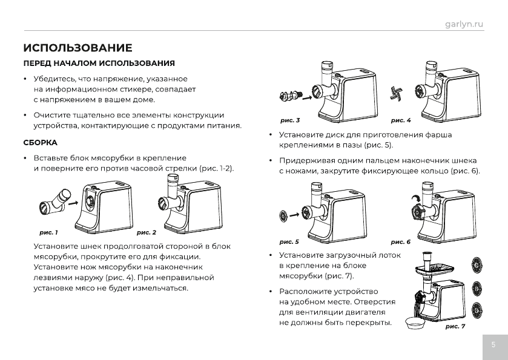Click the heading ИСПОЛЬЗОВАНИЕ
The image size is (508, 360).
[x=78, y=48]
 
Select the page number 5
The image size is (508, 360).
[x=493, y=345]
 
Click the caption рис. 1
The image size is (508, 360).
[x=48, y=232]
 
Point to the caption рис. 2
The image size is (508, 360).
[x=147, y=232]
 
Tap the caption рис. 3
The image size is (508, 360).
[x=290, y=120]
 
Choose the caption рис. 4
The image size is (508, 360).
[x=400, y=120]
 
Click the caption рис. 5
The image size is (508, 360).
[x=289, y=241]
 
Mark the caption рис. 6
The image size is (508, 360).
[x=400, y=241]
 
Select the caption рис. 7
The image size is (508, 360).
[x=455, y=327]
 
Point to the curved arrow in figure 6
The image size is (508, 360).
[x=414, y=199]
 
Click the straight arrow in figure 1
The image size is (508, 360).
[x=71, y=204]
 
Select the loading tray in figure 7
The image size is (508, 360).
[x=433, y=267]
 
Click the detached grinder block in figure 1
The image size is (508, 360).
[x=53, y=202]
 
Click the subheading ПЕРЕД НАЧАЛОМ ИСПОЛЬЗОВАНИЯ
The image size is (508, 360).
[x=99, y=64]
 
